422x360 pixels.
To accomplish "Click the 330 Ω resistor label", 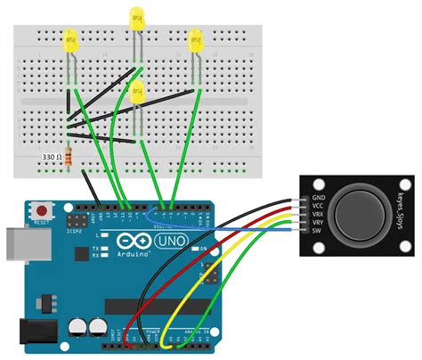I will [x=51, y=156].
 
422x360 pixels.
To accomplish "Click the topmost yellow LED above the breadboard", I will [x=136, y=17].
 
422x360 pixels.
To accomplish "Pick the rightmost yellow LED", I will [x=196, y=38].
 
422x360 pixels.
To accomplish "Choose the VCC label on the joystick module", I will [x=320, y=205].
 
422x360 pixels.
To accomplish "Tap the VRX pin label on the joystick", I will [x=320, y=215].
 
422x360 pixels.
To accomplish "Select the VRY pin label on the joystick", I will [x=320, y=225].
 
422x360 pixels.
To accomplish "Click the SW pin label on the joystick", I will [x=318, y=234].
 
